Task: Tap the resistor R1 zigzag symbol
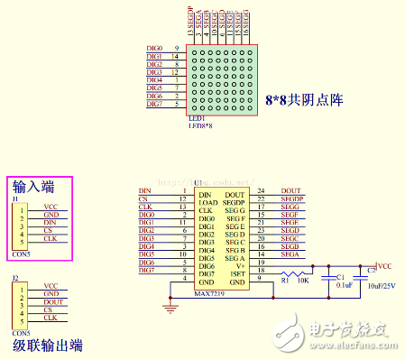pos(293,272)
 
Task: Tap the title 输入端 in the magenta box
pos(33,187)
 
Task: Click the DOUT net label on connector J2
pos(53,302)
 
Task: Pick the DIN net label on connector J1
pos(50,223)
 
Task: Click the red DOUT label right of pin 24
pos(291,190)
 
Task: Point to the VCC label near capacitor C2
pos(384,266)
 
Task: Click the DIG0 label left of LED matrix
pos(154,48)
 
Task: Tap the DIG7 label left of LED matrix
pos(154,104)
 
